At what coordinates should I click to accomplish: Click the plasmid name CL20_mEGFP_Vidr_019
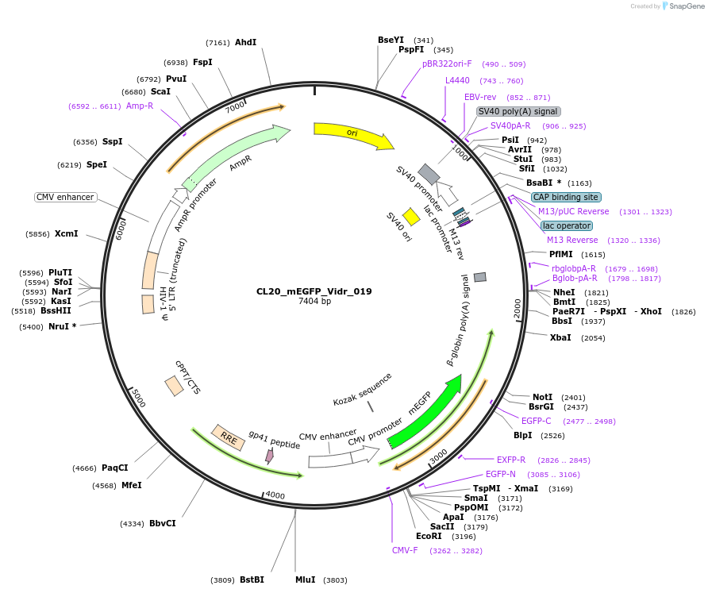314,291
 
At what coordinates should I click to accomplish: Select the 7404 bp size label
314,302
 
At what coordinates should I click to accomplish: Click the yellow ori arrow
352,134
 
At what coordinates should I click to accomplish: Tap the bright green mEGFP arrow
425,414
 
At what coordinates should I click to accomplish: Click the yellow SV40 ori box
411,217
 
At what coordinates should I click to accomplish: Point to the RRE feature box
228,437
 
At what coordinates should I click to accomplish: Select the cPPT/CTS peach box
175,386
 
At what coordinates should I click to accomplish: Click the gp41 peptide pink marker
270,456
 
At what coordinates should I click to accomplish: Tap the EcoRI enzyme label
429,536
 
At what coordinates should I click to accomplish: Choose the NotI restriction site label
542,397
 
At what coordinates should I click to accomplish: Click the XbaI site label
560,337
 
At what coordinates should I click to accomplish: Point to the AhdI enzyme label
245,42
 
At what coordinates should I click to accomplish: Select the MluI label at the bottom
305,580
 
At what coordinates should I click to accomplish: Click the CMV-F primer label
404,550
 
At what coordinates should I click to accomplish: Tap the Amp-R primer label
140,106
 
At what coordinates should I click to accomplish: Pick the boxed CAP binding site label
566,197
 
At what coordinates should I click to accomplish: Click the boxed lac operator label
567,225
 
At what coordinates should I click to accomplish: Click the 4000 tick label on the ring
275,495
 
